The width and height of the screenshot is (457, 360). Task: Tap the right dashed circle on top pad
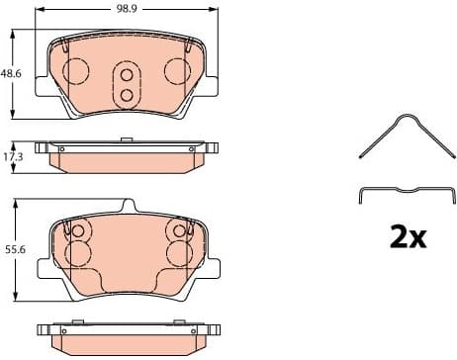coord(177,70)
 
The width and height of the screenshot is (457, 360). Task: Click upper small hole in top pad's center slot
coord(126,74)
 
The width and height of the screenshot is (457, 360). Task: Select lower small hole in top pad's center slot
coord(126,95)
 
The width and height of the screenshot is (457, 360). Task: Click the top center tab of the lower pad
coord(126,206)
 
